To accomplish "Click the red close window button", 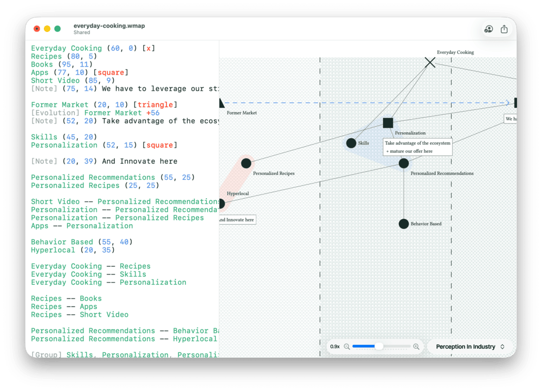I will coord(37,29).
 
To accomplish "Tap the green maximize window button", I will coord(57,29).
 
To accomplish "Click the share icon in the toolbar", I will coord(504,29).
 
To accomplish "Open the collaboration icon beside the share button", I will coord(488,29).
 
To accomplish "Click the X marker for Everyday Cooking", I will coord(430,63).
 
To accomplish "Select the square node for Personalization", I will coord(388,123).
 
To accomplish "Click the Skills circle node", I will coord(351,143).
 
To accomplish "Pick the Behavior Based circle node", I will coord(404,224).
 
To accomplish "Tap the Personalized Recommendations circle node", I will coord(404,163).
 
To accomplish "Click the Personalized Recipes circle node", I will coord(246,163).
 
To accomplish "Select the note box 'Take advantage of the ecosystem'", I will coord(417,147).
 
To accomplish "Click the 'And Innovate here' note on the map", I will coord(237,219).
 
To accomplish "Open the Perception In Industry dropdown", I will coord(470,347).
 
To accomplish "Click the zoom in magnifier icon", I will coord(416,347).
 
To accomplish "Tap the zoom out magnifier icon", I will coord(347,347).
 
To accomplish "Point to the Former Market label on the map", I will coord(242,113).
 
